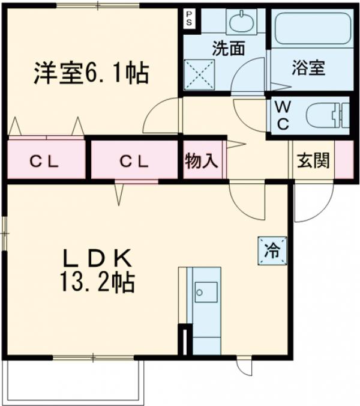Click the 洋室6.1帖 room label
pos(90,73)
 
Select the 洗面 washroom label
pos(228,48)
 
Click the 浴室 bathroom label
pos(309,67)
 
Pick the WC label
pos(283,116)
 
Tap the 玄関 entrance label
pos(312,160)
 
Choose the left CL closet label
pos(45,160)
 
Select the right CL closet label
pos(133,160)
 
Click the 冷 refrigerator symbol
pos(272,250)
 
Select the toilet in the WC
pos(327,116)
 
